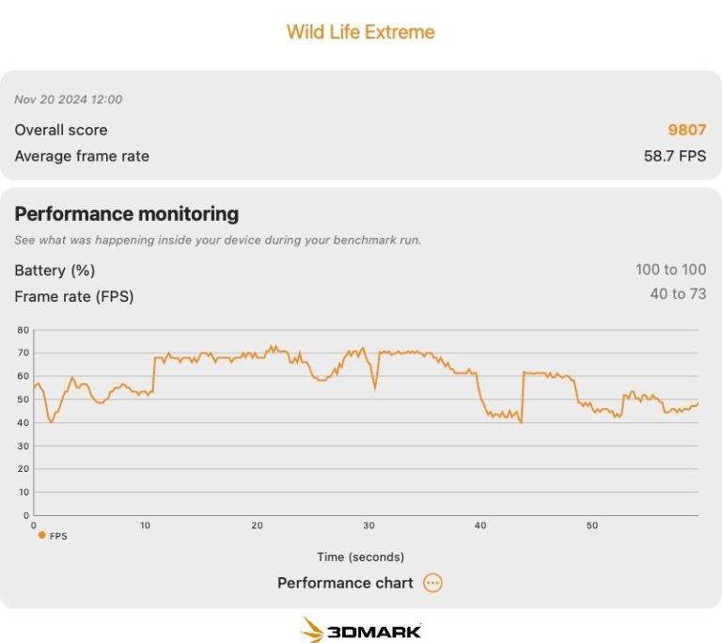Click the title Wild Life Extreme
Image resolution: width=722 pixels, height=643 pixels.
point(360,32)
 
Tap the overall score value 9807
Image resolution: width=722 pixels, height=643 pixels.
point(686,130)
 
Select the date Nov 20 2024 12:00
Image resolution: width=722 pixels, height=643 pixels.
point(68,100)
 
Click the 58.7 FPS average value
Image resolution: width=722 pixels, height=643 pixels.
point(674,156)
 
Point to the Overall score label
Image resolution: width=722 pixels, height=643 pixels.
point(61,130)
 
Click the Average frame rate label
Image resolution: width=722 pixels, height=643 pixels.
point(82,156)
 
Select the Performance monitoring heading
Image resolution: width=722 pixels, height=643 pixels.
point(126,213)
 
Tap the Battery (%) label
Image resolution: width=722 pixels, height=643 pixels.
point(55,270)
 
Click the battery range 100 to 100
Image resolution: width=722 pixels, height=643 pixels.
point(670,270)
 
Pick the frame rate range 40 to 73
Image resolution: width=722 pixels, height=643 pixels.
point(678,294)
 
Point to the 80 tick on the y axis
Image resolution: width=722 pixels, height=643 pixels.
point(24,330)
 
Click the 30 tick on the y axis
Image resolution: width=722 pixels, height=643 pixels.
point(24,446)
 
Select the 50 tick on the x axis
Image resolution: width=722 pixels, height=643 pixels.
point(592,525)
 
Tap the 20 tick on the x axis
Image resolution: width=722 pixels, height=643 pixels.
point(257,525)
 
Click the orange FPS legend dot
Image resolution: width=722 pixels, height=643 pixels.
point(41,535)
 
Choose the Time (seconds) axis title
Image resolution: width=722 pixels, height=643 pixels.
point(360,557)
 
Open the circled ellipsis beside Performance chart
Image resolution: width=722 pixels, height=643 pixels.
point(432,583)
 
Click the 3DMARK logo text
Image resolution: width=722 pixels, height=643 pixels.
point(374,631)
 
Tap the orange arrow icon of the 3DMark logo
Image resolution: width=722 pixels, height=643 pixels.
point(312,630)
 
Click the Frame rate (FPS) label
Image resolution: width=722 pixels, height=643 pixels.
point(74,296)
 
